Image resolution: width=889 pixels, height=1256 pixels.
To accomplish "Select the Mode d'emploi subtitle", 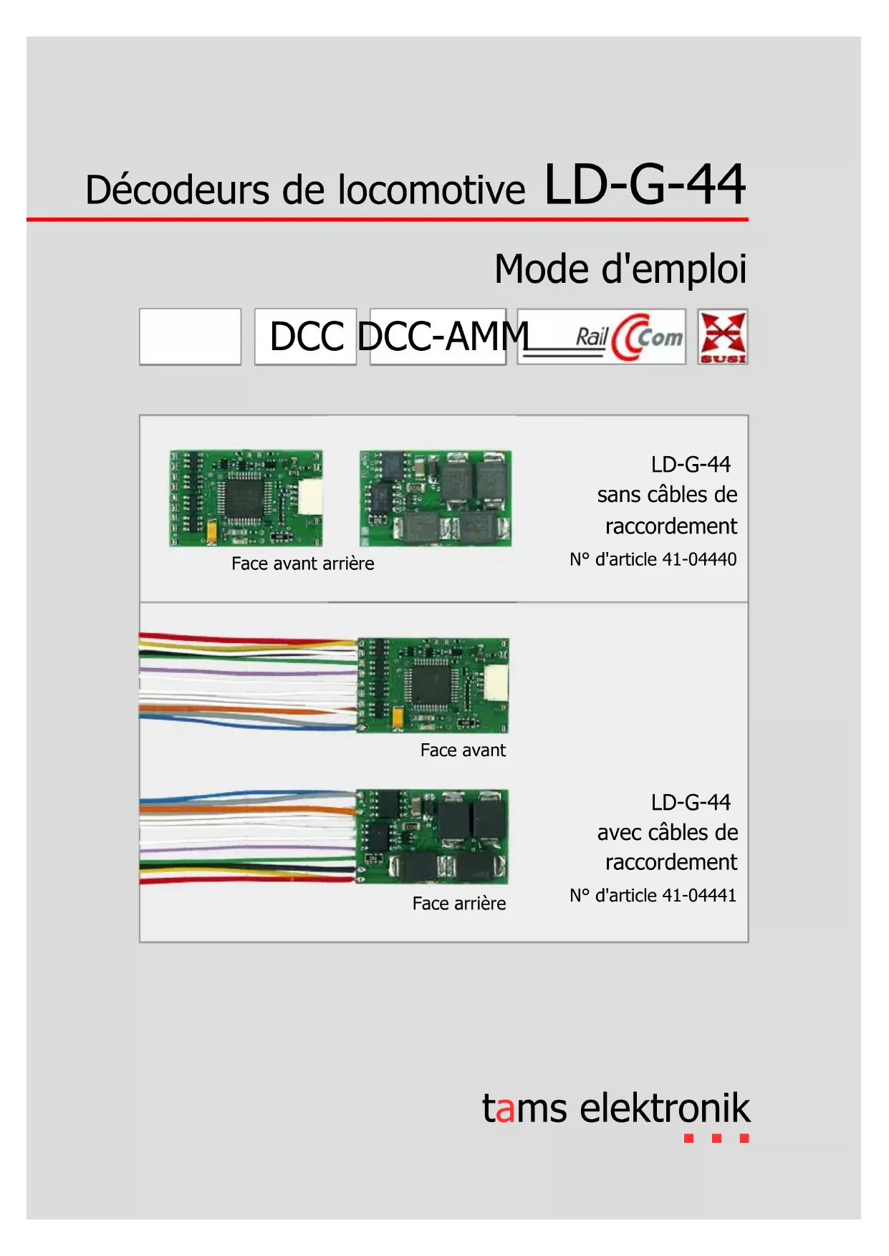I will tap(620, 270).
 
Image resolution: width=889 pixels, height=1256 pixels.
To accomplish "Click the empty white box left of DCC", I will tap(190, 337).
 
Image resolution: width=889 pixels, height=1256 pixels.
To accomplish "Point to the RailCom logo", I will tap(602, 337).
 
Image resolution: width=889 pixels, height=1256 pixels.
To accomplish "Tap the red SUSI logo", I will tap(722, 337).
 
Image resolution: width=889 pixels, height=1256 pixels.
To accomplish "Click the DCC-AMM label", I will tap(443, 337).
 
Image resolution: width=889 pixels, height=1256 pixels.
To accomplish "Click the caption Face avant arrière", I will tap(302, 564).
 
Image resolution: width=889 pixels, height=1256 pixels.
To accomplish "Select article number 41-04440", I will tap(699, 559).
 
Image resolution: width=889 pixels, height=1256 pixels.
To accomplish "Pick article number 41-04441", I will tap(699, 895).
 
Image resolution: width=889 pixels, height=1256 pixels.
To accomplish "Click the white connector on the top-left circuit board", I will tap(310, 496).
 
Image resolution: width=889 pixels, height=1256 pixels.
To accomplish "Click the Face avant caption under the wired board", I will tap(463, 750).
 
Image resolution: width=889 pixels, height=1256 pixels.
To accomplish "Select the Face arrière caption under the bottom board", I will tap(458, 904).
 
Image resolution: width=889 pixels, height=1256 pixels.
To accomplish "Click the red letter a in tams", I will tap(504, 1108).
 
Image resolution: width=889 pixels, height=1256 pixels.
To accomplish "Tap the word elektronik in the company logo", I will tap(665, 1108).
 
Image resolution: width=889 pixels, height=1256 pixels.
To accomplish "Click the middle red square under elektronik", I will tap(716, 1138).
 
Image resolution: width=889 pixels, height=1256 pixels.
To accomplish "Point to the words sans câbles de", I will tap(667, 495).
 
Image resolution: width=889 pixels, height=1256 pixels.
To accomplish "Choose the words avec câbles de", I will tap(667, 832).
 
